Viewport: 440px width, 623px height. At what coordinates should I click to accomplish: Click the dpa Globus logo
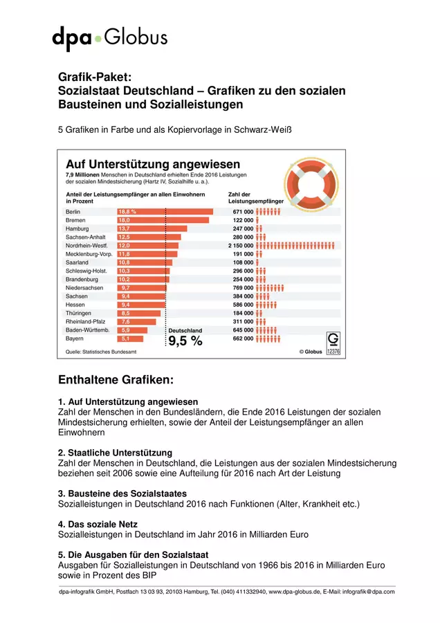tap(110, 38)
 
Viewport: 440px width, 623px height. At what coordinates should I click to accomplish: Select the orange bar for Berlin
tap(165, 211)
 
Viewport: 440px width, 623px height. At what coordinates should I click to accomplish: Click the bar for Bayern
tap(130, 338)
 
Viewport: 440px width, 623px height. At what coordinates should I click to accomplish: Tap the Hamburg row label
tap(77, 228)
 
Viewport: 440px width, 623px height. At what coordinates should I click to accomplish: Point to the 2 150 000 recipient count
tap(241, 246)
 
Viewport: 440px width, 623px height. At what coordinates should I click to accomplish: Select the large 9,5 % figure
tap(185, 341)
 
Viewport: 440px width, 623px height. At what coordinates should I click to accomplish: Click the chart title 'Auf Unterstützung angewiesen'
tap(153, 163)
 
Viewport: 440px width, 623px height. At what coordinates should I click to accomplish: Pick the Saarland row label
tap(77, 262)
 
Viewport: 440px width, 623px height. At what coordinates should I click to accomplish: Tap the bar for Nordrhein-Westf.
tap(148, 246)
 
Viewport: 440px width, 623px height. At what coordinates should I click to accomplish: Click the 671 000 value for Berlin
tap(243, 212)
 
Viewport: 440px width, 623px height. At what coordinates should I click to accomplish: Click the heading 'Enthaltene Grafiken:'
tap(116, 379)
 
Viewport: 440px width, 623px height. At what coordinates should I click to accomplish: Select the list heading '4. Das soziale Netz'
tap(98, 524)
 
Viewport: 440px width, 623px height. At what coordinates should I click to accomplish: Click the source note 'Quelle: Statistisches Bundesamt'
tap(101, 352)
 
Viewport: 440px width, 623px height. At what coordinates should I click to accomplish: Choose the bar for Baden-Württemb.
tap(132, 330)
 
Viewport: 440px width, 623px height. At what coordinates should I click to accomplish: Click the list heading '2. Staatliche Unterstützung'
tap(115, 453)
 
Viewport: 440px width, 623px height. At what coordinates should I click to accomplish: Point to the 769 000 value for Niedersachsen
tap(243, 288)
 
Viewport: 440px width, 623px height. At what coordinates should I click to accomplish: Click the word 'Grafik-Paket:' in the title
tap(95, 77)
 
